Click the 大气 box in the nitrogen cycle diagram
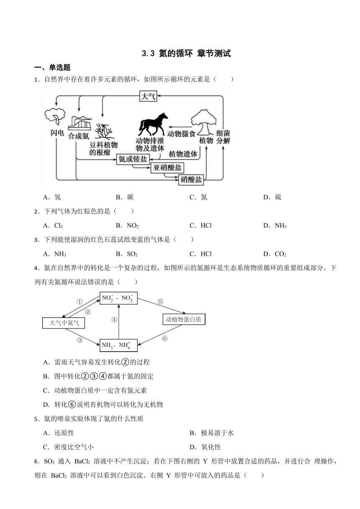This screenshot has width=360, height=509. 148,96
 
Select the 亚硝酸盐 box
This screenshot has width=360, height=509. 167,168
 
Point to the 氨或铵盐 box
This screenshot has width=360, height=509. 133,159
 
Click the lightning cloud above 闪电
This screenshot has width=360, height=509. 55,116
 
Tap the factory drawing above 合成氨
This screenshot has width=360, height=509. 80,123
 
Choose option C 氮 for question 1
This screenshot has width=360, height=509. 198,197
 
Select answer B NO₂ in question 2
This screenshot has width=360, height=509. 127,226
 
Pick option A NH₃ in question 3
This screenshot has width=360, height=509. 54,254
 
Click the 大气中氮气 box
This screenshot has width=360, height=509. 64,323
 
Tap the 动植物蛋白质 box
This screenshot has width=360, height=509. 184,319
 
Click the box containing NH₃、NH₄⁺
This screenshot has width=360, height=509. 118,345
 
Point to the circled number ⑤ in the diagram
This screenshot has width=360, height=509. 160,301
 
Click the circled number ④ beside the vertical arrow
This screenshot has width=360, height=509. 114,320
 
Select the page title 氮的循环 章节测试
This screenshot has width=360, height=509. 186,54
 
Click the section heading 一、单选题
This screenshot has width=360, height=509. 52,67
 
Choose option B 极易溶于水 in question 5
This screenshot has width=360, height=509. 211,433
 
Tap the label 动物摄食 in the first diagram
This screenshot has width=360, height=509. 181,134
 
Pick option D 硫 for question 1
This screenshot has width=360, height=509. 272,197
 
